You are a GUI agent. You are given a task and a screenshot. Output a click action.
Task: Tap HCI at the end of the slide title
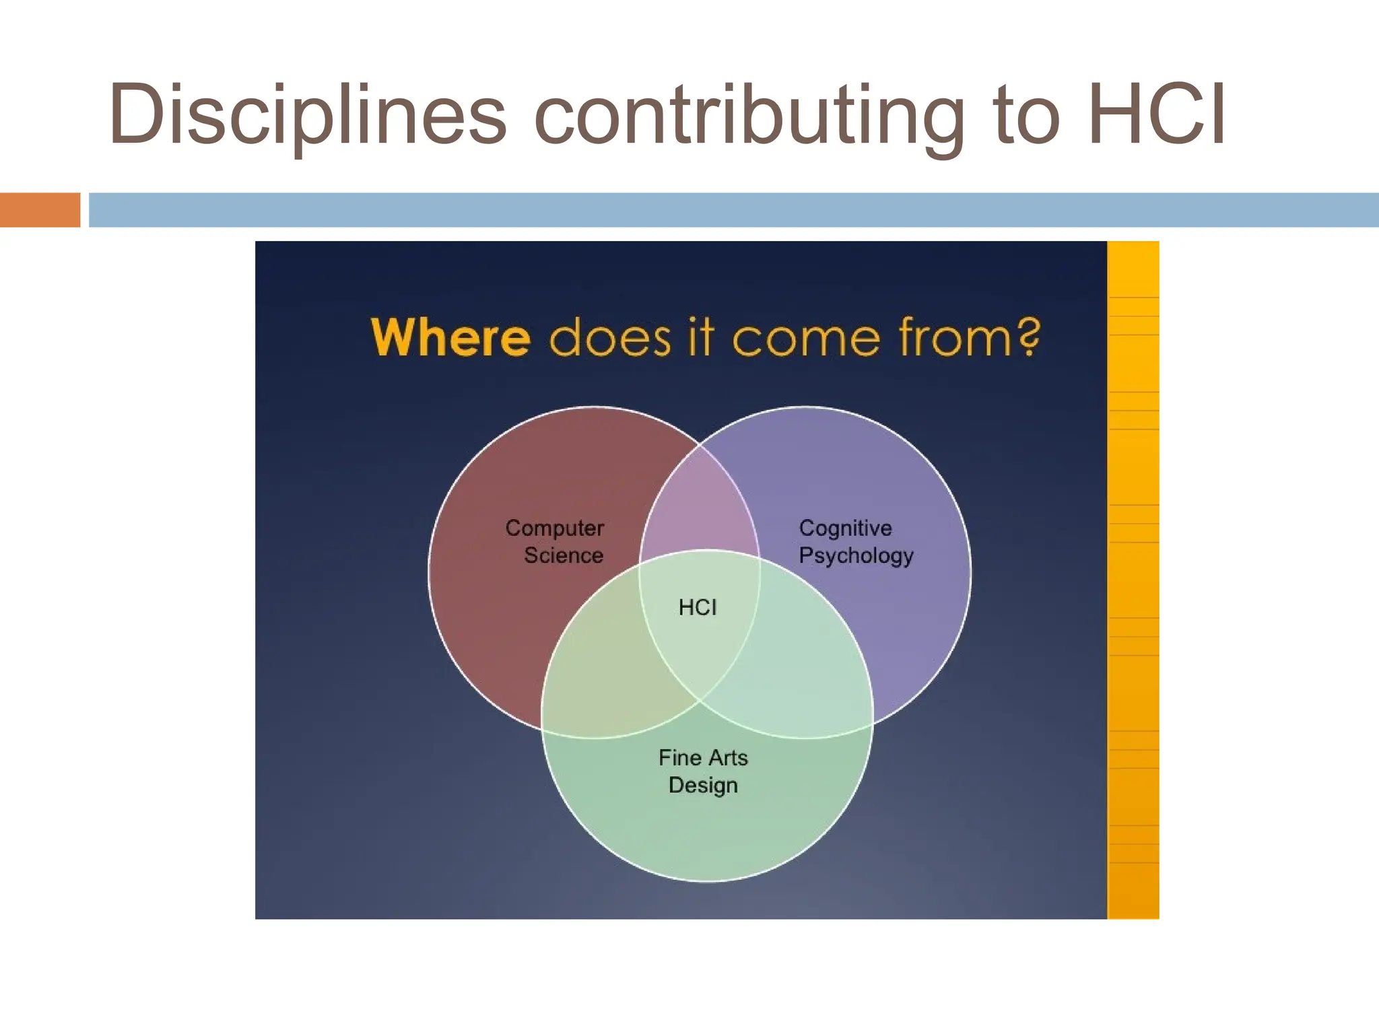coord(1156,114)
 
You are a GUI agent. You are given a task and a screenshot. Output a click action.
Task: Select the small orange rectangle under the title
coord(40,209)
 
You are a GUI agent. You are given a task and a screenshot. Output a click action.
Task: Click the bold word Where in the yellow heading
coord(450,337)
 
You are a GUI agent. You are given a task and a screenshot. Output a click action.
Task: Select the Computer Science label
coord(555,541)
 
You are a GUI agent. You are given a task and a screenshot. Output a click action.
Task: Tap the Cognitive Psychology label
coord(855,541)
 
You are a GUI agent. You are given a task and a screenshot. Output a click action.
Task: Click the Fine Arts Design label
coord(703,771)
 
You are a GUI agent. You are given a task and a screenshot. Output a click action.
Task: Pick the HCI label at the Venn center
coord(698,607)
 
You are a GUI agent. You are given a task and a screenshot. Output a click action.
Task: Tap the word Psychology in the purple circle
coord(856,556)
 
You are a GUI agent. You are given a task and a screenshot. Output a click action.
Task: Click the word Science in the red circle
coord(564,555)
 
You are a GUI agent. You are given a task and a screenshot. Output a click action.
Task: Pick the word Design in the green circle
coord(703,786)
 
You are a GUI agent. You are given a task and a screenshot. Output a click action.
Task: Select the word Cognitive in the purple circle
coord(845,528)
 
